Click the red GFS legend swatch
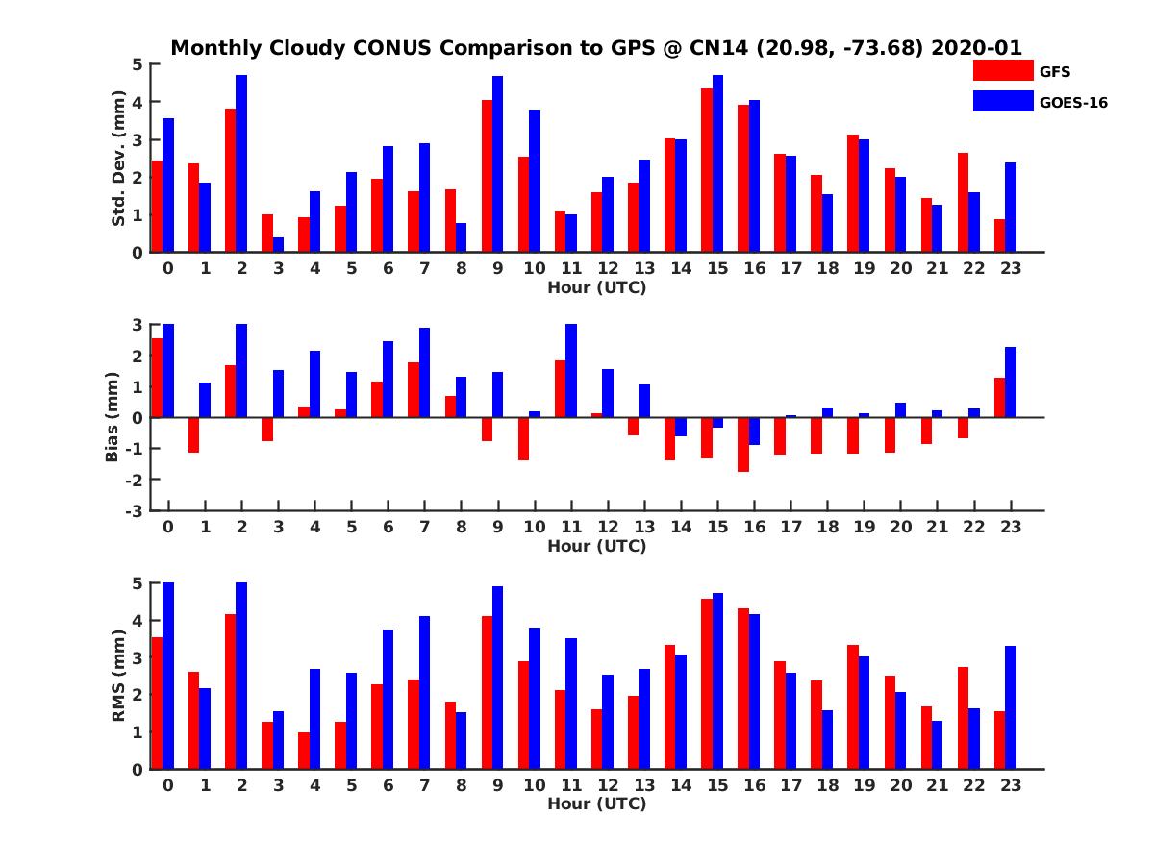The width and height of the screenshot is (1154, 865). (x=1002, y=71)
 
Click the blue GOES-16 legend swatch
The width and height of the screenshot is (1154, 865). (x=1002, y=101)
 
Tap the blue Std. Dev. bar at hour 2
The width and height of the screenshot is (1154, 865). (x=241, y=163)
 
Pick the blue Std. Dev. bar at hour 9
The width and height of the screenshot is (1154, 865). (x=498, y=163)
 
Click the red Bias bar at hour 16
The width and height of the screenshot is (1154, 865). (x=743, y=445)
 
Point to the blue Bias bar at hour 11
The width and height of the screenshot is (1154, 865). (x=571, y=371)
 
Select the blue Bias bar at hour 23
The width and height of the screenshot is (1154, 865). (x=1011, y=383)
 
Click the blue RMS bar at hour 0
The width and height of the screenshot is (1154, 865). (x=168, y=676)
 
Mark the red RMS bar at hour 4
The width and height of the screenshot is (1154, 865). (x=304, y=751)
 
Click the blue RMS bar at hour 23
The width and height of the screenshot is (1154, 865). (x=1011, y=707)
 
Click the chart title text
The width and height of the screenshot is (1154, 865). (x=596, y=48)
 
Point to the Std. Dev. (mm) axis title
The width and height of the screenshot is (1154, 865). (x=118, y=159)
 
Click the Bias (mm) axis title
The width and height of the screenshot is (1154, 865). (x=112, y=416)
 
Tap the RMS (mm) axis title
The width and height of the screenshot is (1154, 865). (x=118, y=676)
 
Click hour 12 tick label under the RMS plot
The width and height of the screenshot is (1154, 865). (x=608, y=784)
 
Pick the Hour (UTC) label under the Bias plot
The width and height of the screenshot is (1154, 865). (x=596, y=546)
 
